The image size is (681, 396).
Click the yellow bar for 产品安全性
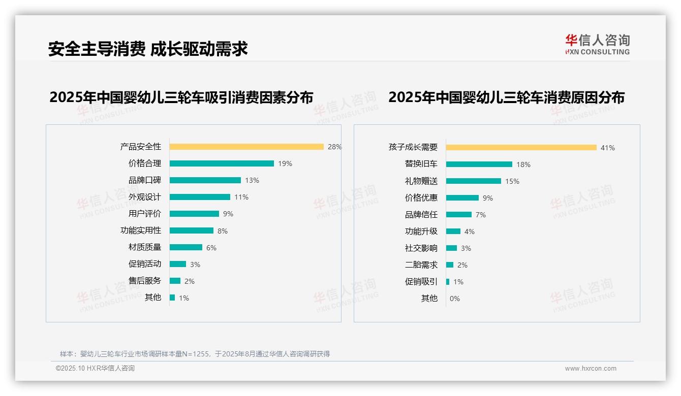point(246,147)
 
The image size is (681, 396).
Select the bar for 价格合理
point(222,163)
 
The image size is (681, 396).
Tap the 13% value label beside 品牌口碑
point(252,180)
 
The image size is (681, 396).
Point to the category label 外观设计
point(144,197)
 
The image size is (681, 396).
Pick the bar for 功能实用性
point(192,230)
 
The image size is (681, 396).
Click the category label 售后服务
point(144,281)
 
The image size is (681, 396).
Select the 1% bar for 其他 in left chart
point(172,298)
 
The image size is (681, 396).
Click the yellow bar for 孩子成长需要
point(521,148)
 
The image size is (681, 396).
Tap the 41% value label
point(608,148)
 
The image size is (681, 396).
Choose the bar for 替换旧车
point(479,164)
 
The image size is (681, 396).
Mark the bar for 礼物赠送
point(473,181)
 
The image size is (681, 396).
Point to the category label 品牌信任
point(421,215)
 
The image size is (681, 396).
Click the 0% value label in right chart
point(454,299)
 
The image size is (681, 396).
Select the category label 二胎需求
point(421,265)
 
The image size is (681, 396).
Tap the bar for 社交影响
point(451,248)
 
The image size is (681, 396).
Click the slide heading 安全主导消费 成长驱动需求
point(148,49)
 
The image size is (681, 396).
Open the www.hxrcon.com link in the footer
point(590,369)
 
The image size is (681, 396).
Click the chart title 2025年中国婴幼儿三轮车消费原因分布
point(506,97)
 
